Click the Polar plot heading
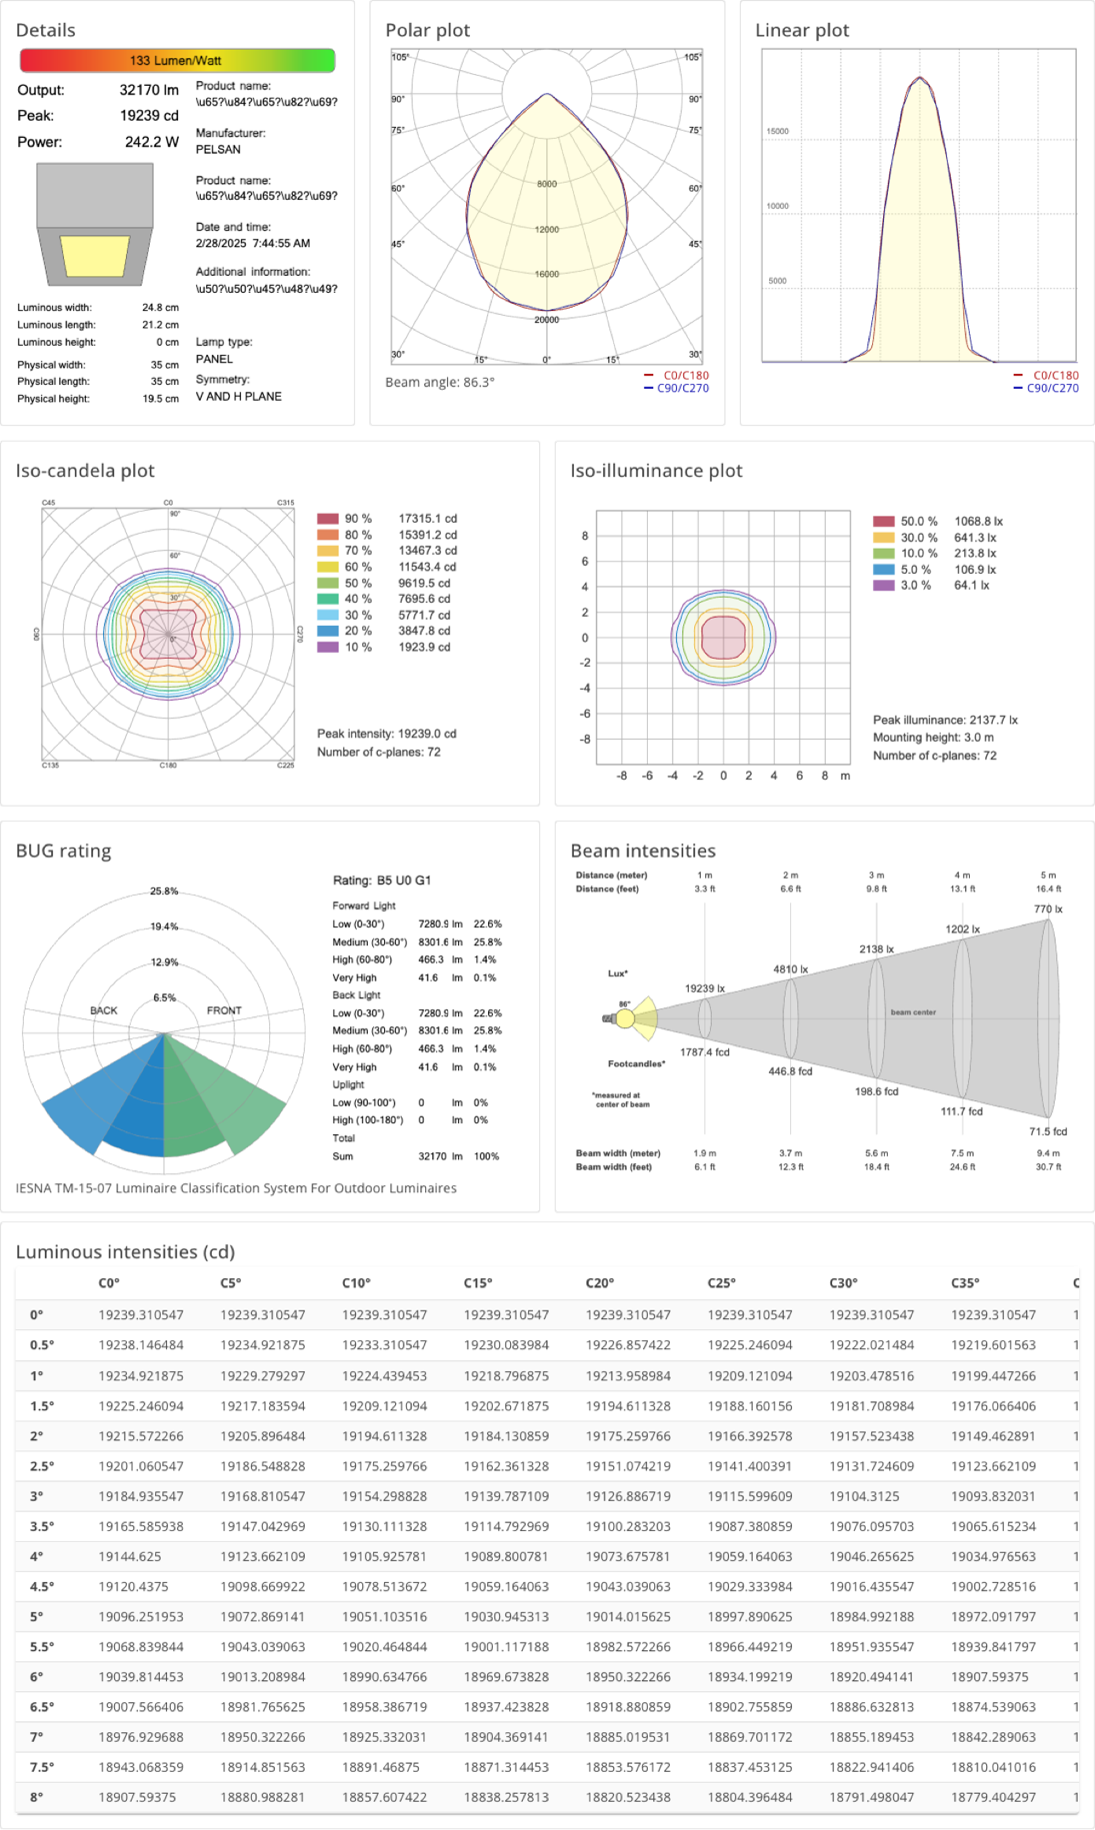427,30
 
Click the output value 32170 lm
149,90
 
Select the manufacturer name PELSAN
218,149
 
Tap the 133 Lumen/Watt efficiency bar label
176,60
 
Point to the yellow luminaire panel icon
95,256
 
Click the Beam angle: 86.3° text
440,382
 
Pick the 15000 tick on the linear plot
777,131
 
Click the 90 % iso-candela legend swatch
328,519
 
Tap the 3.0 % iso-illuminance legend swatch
883,585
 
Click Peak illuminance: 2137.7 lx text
945,720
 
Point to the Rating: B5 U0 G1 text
382,881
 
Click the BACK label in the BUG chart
104,1010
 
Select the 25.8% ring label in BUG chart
164,891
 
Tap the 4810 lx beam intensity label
790,968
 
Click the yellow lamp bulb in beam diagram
625,1018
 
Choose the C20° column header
600,1282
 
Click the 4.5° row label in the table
42,1586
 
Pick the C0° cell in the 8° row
137,1797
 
